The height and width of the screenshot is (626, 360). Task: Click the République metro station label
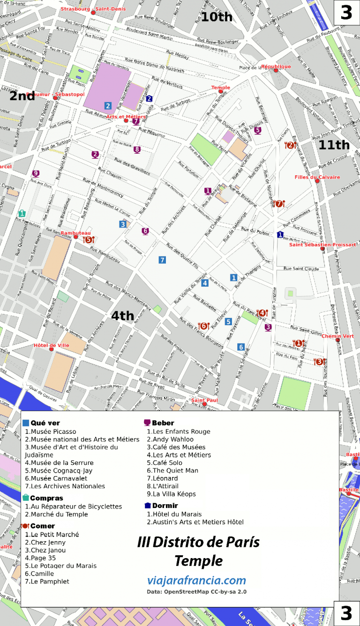coord(276,67)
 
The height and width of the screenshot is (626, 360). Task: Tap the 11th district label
coord(334,145)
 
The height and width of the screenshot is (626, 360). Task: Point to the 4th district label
coord(122,316)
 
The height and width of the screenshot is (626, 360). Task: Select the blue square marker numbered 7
coord(162,260)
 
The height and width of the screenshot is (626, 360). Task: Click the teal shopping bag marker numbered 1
coord(22,213)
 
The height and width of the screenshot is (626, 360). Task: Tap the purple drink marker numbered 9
coord(35,173)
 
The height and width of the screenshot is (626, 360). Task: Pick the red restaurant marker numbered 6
coord(203,326)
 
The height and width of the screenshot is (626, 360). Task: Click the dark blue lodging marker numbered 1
coord(280,234)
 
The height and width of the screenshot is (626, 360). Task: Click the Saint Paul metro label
coord(204,400)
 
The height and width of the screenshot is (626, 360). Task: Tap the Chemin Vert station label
coord(337,336)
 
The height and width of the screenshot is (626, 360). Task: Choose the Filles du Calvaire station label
coord(317,177)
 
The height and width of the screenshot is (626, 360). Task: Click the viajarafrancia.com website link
coord(196,581)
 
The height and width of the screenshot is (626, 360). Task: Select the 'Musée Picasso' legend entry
coord(51,432)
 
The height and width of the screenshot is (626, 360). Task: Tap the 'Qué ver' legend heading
coord(45,423)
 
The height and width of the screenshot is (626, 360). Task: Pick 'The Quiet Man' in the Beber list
coord(172,470)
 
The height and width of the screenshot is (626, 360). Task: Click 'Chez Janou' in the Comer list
coord(45,550)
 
